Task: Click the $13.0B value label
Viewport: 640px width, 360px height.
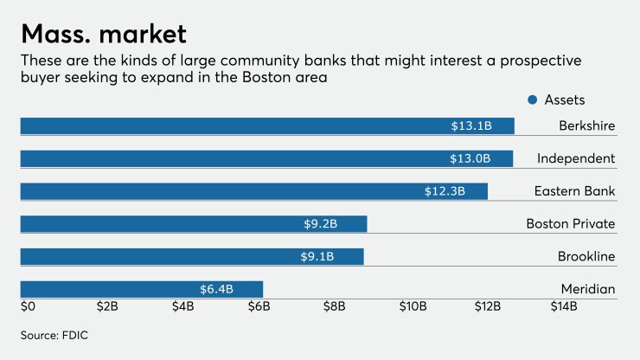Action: tap(470, 159)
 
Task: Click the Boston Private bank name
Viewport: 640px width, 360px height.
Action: tap(570, 224)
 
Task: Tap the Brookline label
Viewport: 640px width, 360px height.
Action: tap(586, 257)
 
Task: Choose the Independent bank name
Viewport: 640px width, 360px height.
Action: tap(575, 159)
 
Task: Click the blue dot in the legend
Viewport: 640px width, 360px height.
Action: tap(532, 100)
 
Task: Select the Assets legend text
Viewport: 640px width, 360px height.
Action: tap(564, 100)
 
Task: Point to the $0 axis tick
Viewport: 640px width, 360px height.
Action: tap(29, 307)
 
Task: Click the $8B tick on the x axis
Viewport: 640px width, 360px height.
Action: tap(336, 307)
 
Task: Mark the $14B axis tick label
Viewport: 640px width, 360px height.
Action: tap(565, 307)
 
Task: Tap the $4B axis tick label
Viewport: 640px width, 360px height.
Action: tap(182, 307)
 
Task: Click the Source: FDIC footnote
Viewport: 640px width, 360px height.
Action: tap(55, 333)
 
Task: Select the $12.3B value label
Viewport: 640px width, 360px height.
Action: tap(445, 191)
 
